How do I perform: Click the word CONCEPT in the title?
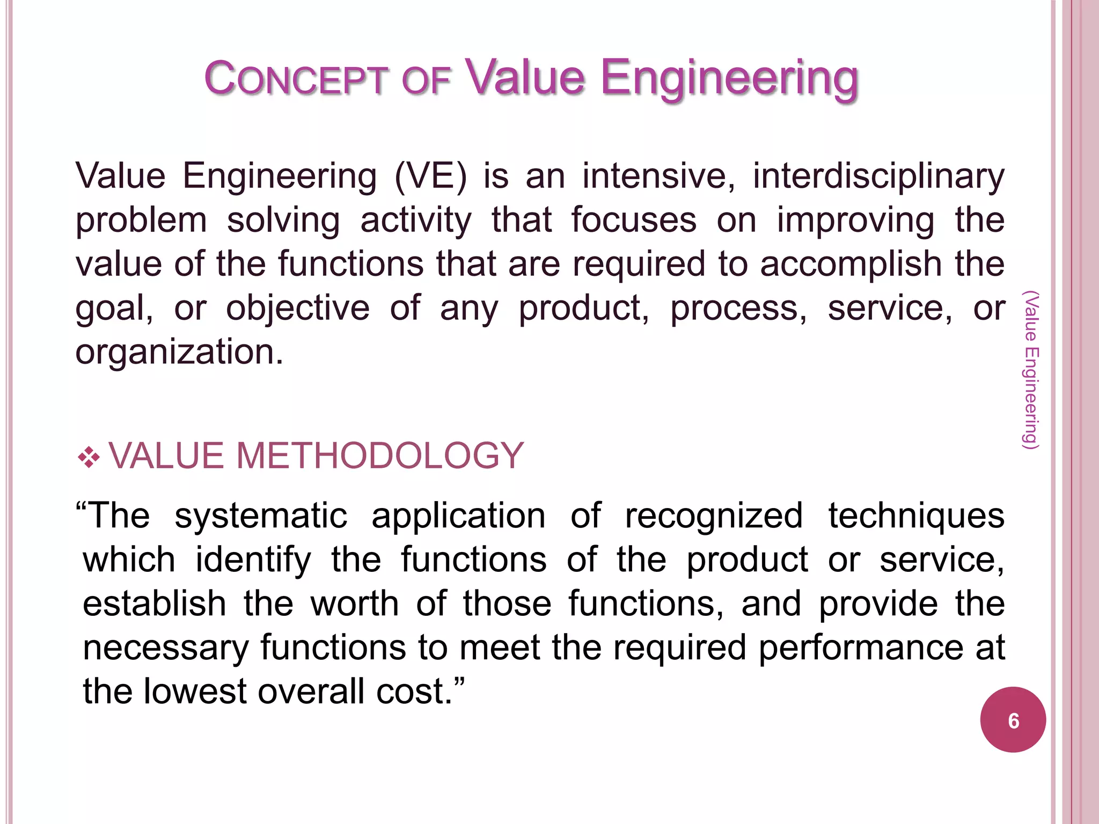coord(296,79)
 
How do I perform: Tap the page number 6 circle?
coord(1013,720)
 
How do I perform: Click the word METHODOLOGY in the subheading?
coord(379,456)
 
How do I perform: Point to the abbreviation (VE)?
coord(430,176)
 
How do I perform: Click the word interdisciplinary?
coord(878,176)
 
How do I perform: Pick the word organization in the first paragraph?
coord(179,352)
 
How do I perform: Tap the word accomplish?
coord(851,264)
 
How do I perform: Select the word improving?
coord(855,221)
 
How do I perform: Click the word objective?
coord(297,308)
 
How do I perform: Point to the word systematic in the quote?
coord(261,516)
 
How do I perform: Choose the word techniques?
coord(916,516)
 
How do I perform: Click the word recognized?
coord(714,516)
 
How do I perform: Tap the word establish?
coord(154,604)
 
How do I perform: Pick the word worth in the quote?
coord(355,604)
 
